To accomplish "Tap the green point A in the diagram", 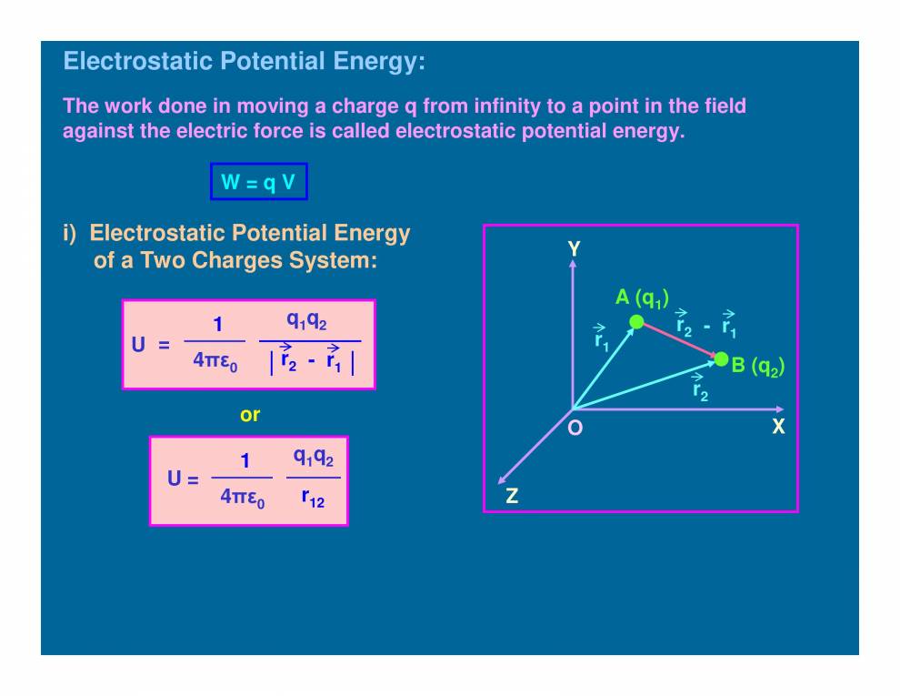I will (636, 321).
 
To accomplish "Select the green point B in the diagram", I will (721, 358).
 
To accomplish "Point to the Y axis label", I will (574, 248).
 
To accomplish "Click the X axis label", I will (778, 425).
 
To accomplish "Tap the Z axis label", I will (512, 496).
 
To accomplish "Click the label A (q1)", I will (642, 298).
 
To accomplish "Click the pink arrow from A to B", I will (679, 340).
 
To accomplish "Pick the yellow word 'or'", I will (250, 415).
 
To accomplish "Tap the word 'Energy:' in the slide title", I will (379, 62).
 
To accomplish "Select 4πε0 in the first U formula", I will (215, 360).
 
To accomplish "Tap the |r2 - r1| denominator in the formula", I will (311, 361).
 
